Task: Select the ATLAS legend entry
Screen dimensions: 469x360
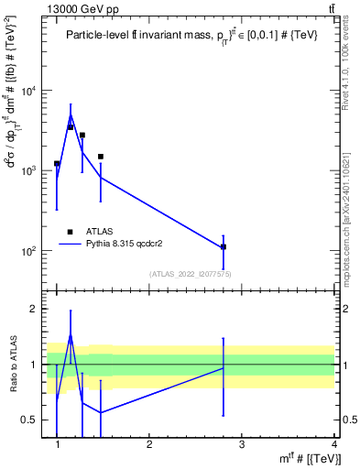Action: (89, 232)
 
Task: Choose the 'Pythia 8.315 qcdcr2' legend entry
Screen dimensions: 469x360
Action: (119, 245)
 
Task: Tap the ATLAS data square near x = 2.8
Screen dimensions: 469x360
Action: (224, 246)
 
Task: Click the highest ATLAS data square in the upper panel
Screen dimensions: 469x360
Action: (71, 127)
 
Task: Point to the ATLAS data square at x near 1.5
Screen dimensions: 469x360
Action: (101, 157)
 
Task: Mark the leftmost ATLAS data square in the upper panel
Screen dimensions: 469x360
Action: (57, 163)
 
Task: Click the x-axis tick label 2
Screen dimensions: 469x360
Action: (149, 446)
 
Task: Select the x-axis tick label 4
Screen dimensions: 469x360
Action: (333, 446)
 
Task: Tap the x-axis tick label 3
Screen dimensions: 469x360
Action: (242, 446)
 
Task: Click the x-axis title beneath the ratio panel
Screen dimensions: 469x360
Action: (305, 458)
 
